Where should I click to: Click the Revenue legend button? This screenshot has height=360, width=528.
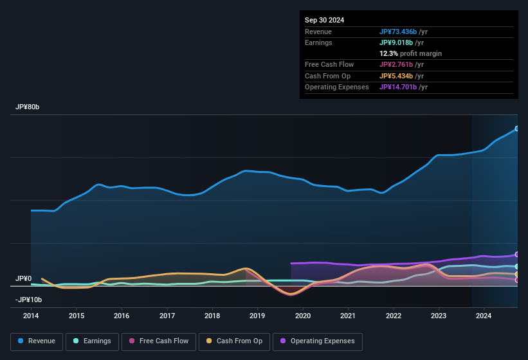coord(37,341)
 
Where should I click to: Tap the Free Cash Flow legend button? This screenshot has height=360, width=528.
coord(159,341)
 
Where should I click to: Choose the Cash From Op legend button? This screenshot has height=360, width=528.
coord(234,341)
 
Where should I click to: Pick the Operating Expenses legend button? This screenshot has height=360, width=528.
coord(318,341)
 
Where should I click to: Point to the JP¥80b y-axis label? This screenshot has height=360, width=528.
coord(28,107)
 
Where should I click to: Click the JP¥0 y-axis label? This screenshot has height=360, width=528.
coord(23,278)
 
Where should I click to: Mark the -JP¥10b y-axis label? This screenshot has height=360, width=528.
coord(29,300)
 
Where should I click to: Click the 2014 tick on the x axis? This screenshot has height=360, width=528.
coord(31,316)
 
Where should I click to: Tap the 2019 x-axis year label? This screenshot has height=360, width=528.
coord(257,316)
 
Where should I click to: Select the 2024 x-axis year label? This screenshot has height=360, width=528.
coord(484,316)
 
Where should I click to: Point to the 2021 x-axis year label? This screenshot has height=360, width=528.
coord(348,316)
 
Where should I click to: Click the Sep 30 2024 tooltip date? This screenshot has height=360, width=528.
coord(324,20)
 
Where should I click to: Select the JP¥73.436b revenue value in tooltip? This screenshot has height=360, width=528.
coord(403,32)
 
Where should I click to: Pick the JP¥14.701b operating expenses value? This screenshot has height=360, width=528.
coord(403,87)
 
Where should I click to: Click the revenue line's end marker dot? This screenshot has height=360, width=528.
coord(517,129)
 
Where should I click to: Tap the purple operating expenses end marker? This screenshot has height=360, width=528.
coord(517,255)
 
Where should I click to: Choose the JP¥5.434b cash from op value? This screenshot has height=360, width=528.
coord(402,76)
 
